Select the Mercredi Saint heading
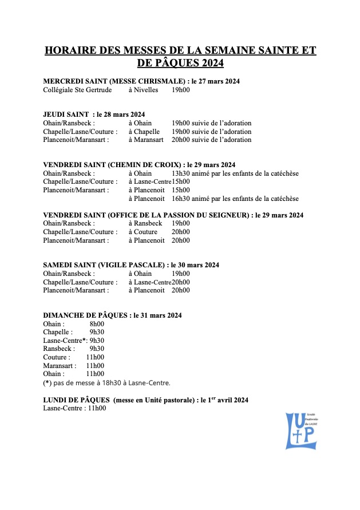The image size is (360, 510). (x=141, y=81)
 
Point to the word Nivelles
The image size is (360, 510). (x=147, y=90)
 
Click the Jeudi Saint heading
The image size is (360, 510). (x=94, y=114)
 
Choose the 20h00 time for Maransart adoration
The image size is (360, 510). (x=180, y=140)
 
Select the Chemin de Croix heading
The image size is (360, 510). (x=139, y=165)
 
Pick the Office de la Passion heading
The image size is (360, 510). (x=173, y=215)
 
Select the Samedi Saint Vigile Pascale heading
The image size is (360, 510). (x=131, y=265)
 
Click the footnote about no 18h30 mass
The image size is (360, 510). (x=106, y=383)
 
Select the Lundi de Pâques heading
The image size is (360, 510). (x=145, y=400)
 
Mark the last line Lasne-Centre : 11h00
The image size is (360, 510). (x=74, y=408)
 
